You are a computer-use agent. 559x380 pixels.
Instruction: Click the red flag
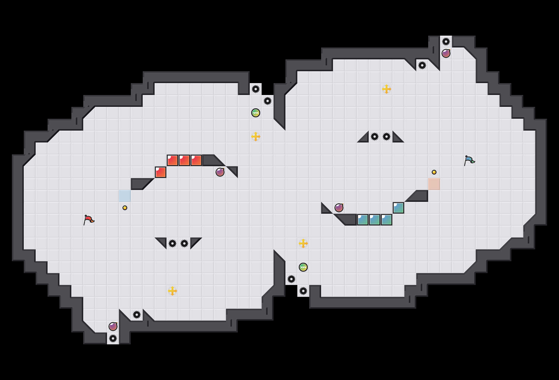click(88, 220)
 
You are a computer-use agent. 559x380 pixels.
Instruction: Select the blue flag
click(469, 160)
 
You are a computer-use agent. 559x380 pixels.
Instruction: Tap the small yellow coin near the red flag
click(125, 208)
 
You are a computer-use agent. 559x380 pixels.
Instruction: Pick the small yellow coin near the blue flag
click(434, 172)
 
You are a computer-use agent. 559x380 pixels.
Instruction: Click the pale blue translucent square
click(125, 196)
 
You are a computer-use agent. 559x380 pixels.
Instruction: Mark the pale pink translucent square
click(434, 184)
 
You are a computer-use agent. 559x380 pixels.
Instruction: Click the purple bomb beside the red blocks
click(220, 172)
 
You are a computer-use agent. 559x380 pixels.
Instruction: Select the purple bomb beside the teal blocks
click(339, 208)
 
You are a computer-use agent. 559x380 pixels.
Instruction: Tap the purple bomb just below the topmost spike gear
click(446, 53)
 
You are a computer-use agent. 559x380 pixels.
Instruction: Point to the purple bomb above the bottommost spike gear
click(113, 327)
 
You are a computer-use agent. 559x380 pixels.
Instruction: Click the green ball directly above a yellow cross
click(256, 113)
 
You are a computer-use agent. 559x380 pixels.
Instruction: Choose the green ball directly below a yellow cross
click(303, 267)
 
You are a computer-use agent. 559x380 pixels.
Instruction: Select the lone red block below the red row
click(161, 172)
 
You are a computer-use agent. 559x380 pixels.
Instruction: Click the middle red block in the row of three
click(184, 160)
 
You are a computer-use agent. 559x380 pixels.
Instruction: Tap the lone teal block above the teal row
click(398, 208)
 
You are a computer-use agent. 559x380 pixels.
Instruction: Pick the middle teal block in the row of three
click(375, 220)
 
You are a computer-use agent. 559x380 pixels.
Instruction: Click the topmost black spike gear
click(446, 42)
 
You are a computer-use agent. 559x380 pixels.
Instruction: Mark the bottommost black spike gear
click(113, 338)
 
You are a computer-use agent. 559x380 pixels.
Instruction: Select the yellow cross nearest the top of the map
click(387, 89)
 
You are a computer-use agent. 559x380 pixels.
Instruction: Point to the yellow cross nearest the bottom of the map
click(172, 291)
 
